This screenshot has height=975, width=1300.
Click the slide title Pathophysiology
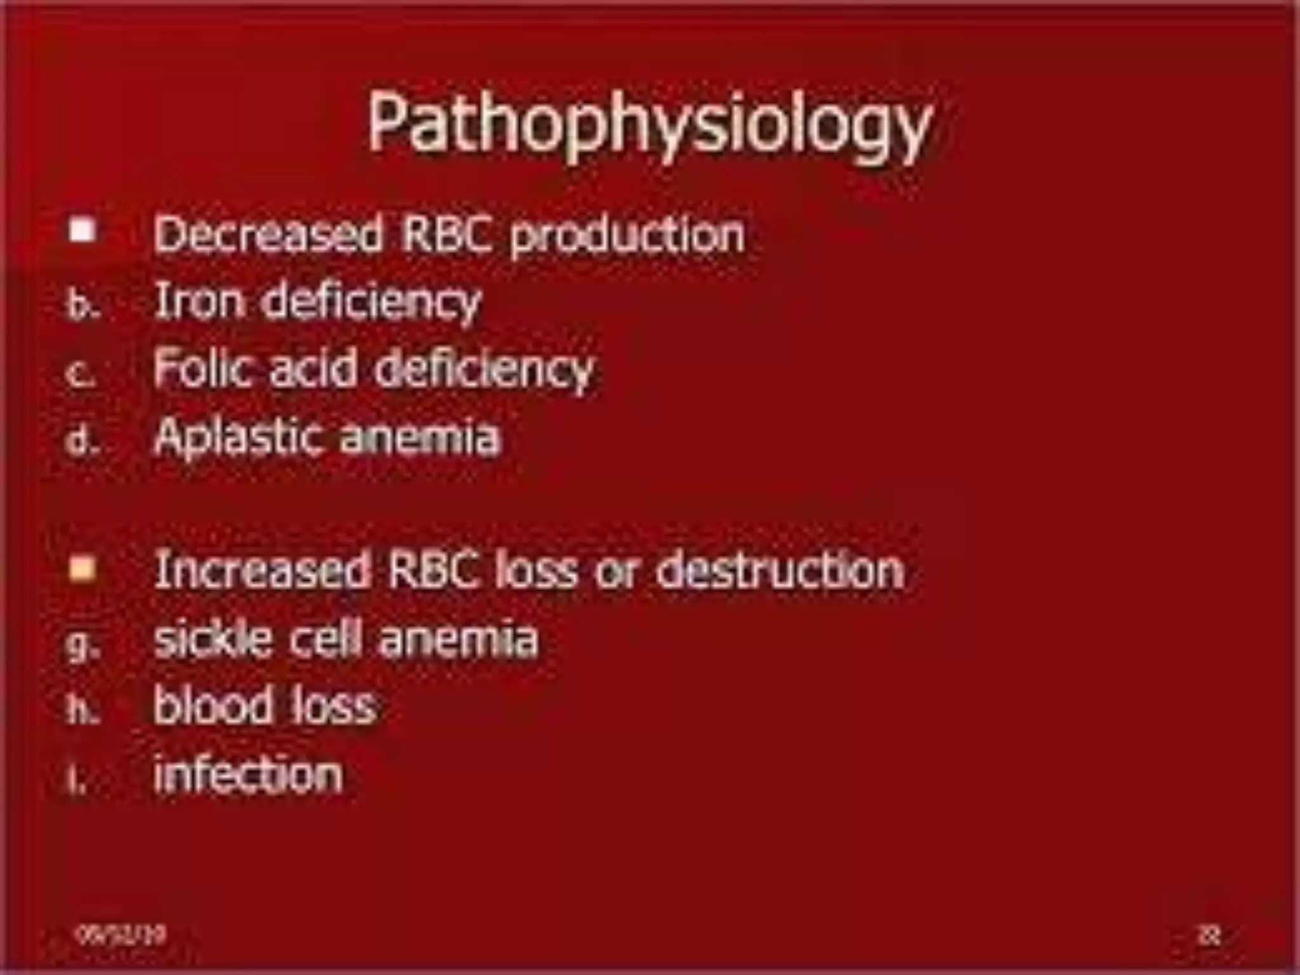pyautogui.click(x=649, y=124)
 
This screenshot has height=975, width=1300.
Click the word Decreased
pyautogui.click(x=269, y=234)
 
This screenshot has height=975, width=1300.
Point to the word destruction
pyautogui.click(x=779, y=569)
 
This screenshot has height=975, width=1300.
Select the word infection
pyautogui.click(x=248, y=774)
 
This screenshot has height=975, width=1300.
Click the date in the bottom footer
pyautogui.click(x=120, y=934)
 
